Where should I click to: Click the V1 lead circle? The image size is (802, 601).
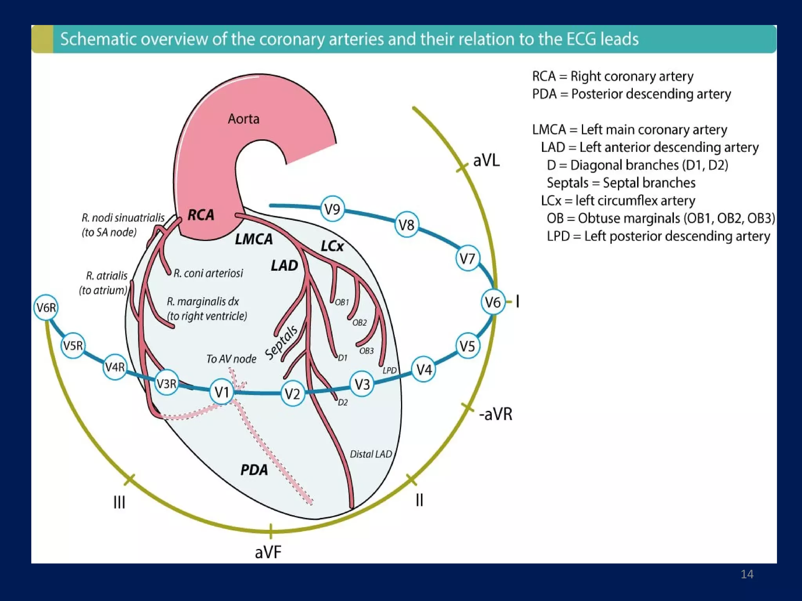coord(222,391)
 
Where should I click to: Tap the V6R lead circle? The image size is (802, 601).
coord(46,308)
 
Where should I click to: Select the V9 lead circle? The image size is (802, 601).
coord(332,209)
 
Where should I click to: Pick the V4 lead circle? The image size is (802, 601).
coord(424,369)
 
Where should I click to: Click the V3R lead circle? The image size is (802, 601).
coord(166,383)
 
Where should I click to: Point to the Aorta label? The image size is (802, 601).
coord(243,119)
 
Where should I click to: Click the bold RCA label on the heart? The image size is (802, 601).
coord(201,215)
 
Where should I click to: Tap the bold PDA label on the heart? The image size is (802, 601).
coord(254,470)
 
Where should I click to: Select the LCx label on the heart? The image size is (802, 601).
coord(332,246)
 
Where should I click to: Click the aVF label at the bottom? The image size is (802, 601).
coord(268,552)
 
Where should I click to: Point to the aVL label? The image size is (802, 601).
coord(486,160)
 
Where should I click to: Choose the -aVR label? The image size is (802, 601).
coord(495,414)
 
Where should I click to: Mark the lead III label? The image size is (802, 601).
coord(119,502)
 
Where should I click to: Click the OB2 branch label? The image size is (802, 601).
coord(359,322)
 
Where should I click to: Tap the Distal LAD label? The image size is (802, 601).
coord(370,454)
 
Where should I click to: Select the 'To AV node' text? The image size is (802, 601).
coord(231,359)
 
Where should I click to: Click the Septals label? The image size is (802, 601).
coord(281,342)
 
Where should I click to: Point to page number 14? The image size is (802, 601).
coord(747,574)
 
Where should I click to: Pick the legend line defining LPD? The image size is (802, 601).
coord(658,236)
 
